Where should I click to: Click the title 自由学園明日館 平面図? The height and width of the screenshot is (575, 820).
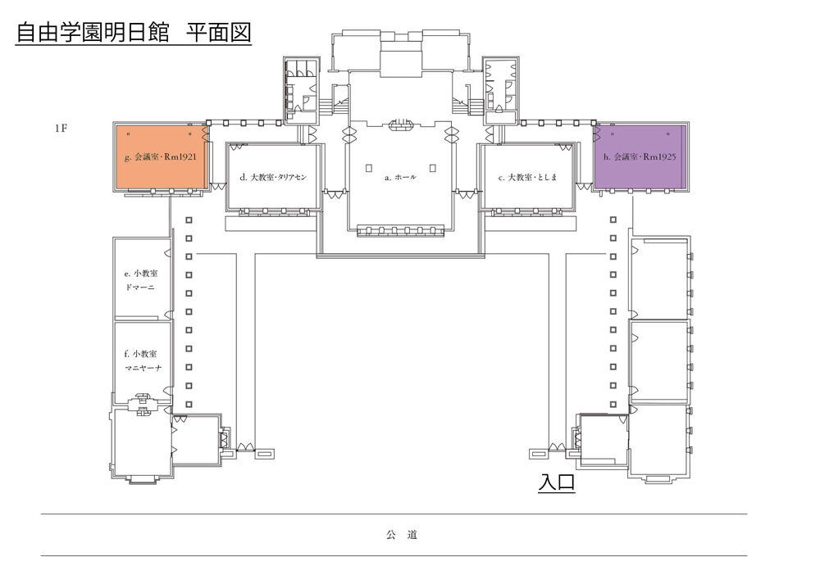tap(134, 33)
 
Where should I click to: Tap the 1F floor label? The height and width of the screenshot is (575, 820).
tap(61, 128)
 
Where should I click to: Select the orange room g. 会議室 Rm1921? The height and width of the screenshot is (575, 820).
tap(161, 156)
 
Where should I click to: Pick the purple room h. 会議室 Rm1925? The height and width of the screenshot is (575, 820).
tap(640, 156)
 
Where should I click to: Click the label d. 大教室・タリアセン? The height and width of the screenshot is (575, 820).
tap(273, 177)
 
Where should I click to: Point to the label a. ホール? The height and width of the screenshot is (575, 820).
tap(400, 178)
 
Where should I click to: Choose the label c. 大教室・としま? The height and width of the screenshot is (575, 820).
tap(527, 178)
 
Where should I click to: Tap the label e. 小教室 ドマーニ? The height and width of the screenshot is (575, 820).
tap(141, 280)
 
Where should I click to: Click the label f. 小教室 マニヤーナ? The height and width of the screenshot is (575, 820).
tap(142, 361)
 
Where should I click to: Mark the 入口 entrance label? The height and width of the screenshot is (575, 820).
tap(557, 482)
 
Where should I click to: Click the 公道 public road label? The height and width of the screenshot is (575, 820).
tap(402, 535)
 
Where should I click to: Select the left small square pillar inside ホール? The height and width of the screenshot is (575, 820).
tap(369, 168)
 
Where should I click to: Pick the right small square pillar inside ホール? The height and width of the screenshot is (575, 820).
tap(432, 168)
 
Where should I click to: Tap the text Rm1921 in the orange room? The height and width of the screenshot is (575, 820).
tap(180, 156)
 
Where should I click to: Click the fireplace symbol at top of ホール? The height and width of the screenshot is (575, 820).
tap(401, 125)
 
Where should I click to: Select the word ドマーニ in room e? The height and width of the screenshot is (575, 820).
tap(139, 287)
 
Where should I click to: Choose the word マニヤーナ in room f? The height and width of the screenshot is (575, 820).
tap(143, 368)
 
